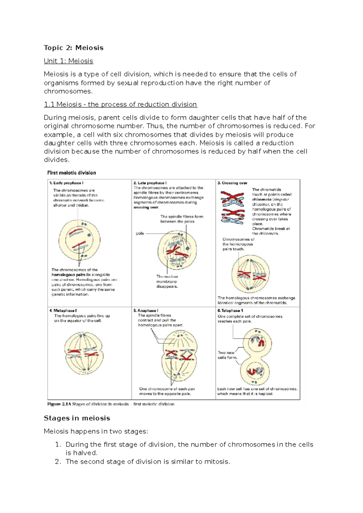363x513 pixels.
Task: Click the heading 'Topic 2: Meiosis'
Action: tap(74, 48)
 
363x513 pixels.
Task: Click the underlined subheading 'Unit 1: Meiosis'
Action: tap(68, 61)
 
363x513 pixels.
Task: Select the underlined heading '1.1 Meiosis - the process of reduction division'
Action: tap(120, 105)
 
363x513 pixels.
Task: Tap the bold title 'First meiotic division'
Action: tap(71, 173)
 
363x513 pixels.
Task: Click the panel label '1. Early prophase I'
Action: tap(66, 183)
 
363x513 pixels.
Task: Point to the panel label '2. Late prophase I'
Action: tap(150, 183)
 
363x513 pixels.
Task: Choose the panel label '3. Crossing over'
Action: tap(232, 183)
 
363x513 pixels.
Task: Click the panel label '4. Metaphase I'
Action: tap(63, 311)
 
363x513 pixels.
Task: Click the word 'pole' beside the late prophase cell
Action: tap(140, 234)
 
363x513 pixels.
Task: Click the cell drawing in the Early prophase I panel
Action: tap(79, 240)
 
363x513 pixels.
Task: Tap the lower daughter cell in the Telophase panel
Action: tap(256, 372)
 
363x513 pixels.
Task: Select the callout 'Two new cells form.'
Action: tap(227, 355)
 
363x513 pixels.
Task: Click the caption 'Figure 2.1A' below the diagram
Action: tap(59, 404)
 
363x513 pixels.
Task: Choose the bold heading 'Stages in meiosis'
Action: tap(77, 418)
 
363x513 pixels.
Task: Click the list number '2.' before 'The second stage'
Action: tap(58, 462)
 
